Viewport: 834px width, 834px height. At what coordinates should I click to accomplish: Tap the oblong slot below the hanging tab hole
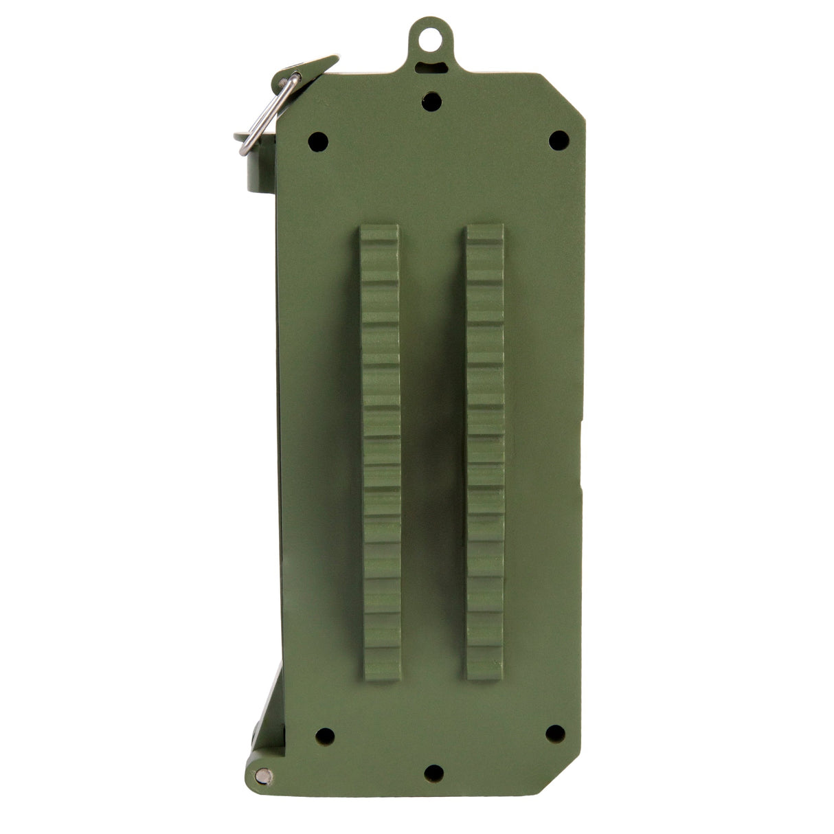(x=431, y=67)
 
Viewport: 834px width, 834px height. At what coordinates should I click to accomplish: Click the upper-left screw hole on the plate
(x=317, y=142)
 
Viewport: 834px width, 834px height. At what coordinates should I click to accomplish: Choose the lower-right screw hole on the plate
(x=555, y=733)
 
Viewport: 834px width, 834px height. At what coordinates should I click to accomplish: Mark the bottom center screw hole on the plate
(x=433, y=773)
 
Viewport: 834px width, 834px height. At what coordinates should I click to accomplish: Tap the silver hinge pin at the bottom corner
(x=263, y=776)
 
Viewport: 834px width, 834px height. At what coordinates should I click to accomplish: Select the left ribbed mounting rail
(x=380, y=453)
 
